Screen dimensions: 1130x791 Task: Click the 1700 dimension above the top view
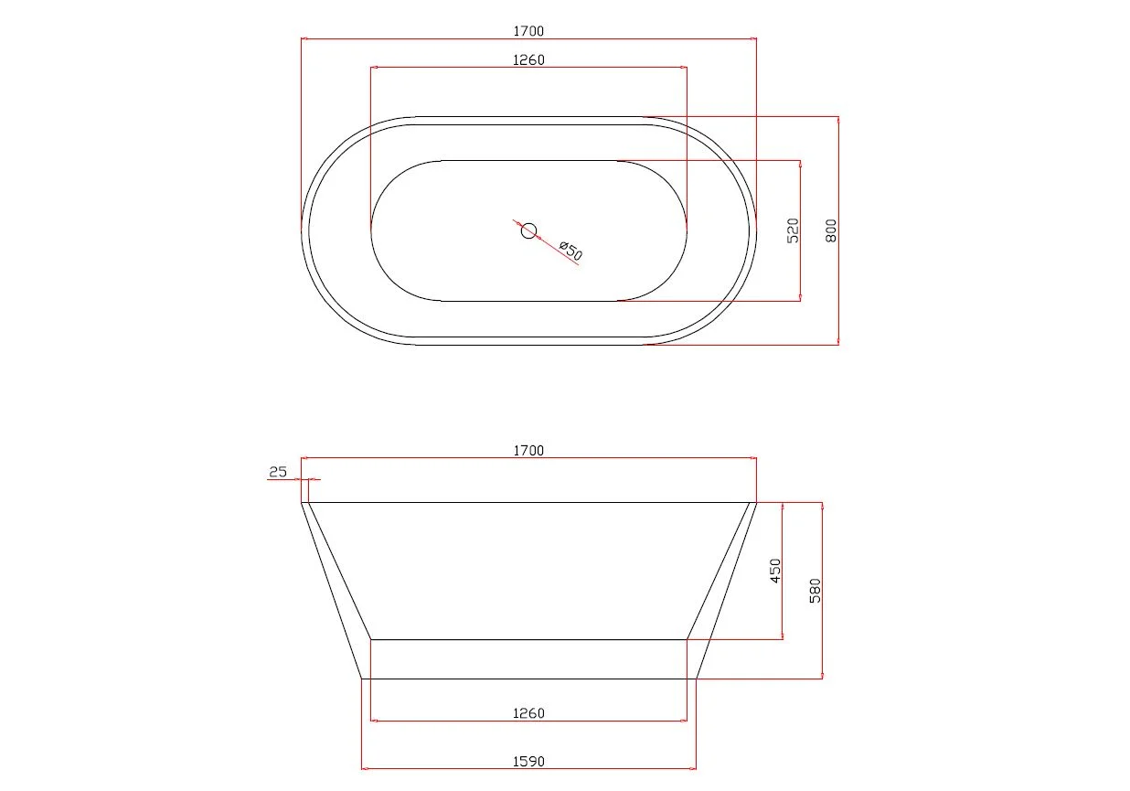(528, 31)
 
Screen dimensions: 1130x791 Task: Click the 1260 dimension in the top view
(528, 60)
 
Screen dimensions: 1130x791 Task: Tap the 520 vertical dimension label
(793, 230)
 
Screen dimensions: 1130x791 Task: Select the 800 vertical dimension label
(831, 230)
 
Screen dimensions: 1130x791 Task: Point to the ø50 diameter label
(571, 251)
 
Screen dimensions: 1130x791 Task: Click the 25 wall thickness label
(278, 472)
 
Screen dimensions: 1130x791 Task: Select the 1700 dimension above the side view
(528, 451)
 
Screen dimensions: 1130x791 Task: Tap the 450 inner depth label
(775, 571)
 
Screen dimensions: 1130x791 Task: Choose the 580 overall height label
(815, 591)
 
